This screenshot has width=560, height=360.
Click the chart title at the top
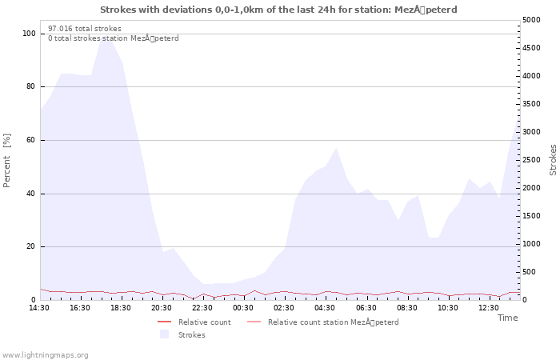[278, 10]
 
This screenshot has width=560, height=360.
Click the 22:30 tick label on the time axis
[202, 308]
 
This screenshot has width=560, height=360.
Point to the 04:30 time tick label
[325, 308]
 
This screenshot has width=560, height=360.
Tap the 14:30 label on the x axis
[39, 308]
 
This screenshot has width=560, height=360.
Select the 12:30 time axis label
[489, 308]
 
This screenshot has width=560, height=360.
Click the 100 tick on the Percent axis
[29, 34]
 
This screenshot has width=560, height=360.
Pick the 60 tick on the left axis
[30, 140]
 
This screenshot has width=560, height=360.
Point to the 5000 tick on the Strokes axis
[531, 20]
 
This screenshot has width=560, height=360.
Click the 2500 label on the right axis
[531, 160]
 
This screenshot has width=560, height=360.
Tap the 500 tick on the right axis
[530, 272]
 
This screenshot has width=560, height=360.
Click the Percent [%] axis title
[6, 160]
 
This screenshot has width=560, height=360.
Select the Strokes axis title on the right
[553, 160]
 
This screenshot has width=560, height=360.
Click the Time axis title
[508, 318]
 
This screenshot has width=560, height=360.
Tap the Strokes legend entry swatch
[164, 334]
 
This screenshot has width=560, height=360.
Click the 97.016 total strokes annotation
[85, 29]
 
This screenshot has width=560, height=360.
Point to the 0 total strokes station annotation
[114, 38]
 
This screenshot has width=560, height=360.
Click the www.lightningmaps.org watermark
[45, 355]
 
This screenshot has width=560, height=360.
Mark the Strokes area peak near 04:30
[336, 148]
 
